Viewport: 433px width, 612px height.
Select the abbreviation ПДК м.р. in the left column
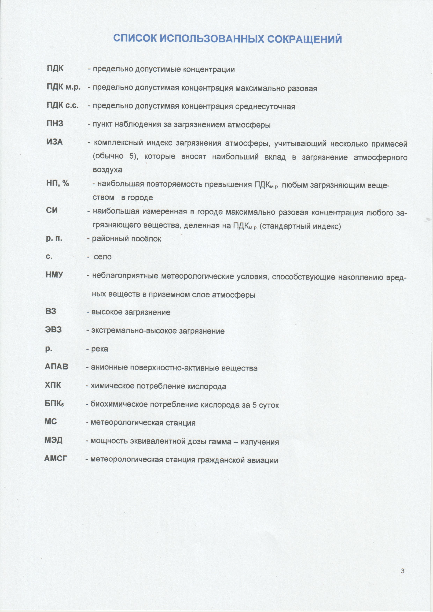pyautogui.click(x=64, y=87)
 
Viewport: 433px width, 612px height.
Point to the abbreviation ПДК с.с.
pyautogui.click(x=63, y=106)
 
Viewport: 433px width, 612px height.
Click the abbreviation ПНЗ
pyautogui.click(x=55, y=124)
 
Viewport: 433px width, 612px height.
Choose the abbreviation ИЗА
pyautogui.click(x=55, y=142)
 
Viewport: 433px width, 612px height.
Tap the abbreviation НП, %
pyautogui.click(x=57, y=183)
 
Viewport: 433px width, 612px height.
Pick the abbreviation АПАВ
pyautogui.click(x=57, y=367)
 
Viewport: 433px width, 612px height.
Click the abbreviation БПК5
pyautogui.click(x=54, y=404)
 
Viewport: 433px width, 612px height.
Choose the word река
pyautogui.click(x=100, y=349)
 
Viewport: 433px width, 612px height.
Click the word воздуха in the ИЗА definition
pyautogui.click(x=108, y=170)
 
